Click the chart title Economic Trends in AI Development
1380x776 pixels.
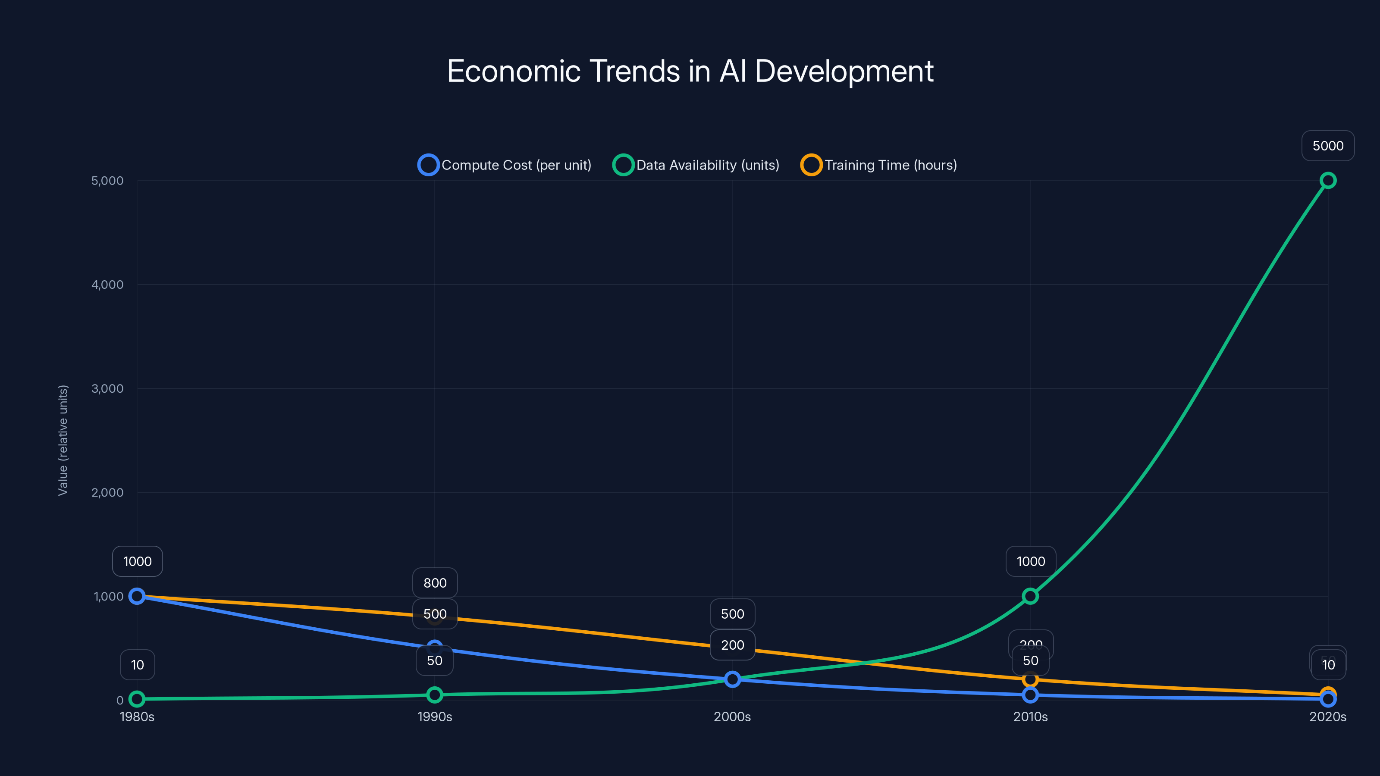(x=690, y=71)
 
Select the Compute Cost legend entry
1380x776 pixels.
(x=505, y=165)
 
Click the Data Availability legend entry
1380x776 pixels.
(x=696, y=165)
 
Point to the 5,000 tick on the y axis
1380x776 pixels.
(x=107, y=181)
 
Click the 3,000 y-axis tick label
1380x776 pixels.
(x=107, y=388)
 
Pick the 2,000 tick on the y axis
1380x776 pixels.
(x=107, y=492)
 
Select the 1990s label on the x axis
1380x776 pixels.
(x=434, y=717)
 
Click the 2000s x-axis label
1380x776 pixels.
(x=732, y=717)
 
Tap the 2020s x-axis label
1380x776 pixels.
(x=1327, y=717)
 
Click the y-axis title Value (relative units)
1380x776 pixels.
(x=63, y=440)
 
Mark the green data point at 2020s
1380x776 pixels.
(x=1327, y=181)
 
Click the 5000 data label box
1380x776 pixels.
(x=1327, y=146)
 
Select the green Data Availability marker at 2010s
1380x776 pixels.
(x=1030, y=596)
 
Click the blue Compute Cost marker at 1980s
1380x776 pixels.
(x=137, y=596)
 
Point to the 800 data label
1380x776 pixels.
(x=434, y=583)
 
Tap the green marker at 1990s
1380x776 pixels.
(x=434, y=695)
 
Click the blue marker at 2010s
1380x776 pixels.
(x=1030, y=695)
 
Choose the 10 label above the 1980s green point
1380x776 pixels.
(x=137, y=665)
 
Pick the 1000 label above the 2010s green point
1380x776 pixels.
(x=1030, y=561)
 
